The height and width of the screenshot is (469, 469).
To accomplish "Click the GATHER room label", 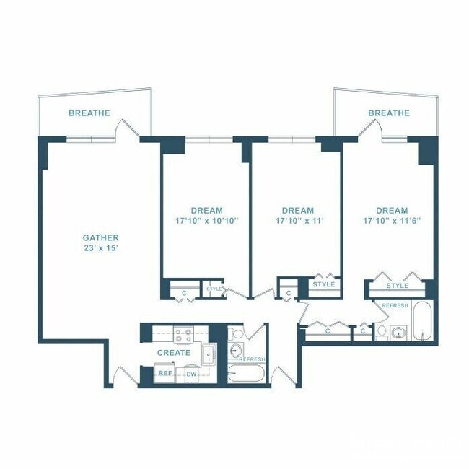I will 100,237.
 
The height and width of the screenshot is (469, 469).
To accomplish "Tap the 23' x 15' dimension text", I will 100,247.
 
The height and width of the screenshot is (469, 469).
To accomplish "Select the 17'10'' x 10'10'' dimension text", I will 206,220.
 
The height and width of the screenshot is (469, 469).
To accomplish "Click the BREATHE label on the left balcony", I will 89,113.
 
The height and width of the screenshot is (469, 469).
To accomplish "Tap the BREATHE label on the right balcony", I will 389,113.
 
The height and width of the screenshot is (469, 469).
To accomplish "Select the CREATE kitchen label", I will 174,353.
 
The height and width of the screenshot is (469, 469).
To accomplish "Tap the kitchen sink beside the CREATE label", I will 209,354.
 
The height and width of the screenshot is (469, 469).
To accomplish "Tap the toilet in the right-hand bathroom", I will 381,332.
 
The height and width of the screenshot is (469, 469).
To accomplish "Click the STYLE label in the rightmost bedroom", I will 397,286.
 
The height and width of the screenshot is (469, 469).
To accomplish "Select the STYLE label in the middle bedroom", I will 324,284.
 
